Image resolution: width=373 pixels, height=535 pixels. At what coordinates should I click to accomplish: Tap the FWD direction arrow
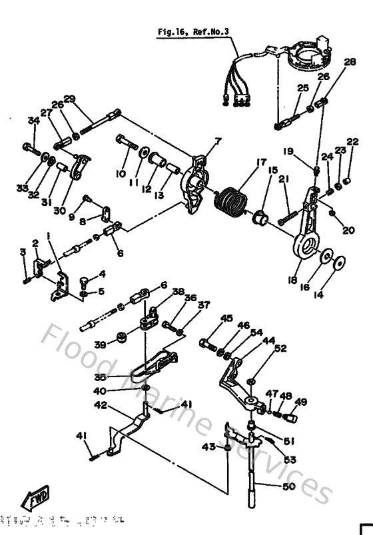coord(34,499)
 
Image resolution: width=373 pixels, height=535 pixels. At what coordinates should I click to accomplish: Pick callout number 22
coord(352,141)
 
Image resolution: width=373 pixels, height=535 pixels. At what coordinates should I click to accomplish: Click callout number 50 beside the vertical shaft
coord(288,487)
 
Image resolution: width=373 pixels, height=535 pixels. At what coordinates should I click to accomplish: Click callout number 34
coord(30,121)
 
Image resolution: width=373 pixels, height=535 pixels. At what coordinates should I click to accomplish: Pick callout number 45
coord(227,319)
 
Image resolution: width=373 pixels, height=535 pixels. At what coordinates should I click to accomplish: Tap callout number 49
coord(301,402)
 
